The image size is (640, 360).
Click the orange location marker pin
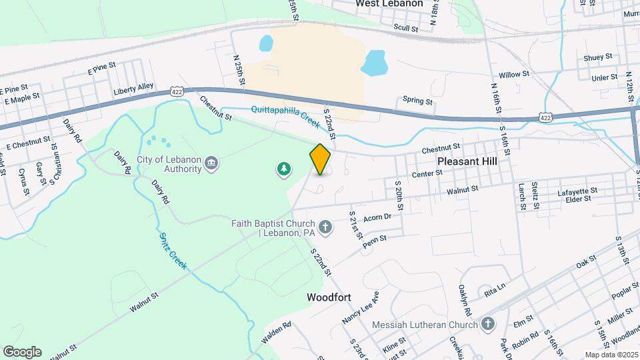[320, 159]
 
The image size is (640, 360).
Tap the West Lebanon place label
[389, 3]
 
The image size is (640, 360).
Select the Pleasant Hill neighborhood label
[473, 161]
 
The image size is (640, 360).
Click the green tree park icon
[284, 169]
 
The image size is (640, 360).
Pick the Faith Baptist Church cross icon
[325, 229]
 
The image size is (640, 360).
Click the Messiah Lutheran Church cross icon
[488, 324]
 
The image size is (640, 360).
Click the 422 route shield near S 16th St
[546, 117]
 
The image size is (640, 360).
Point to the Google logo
[22, 351]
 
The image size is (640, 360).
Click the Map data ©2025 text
[611, 355]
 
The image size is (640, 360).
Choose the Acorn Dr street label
[377, 215]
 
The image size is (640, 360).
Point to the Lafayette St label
[577, 191]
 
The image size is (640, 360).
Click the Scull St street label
[405, 29]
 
